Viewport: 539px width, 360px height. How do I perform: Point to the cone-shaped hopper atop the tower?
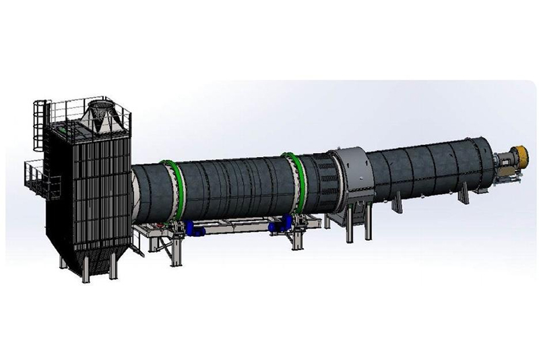click(x=101, y=116)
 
